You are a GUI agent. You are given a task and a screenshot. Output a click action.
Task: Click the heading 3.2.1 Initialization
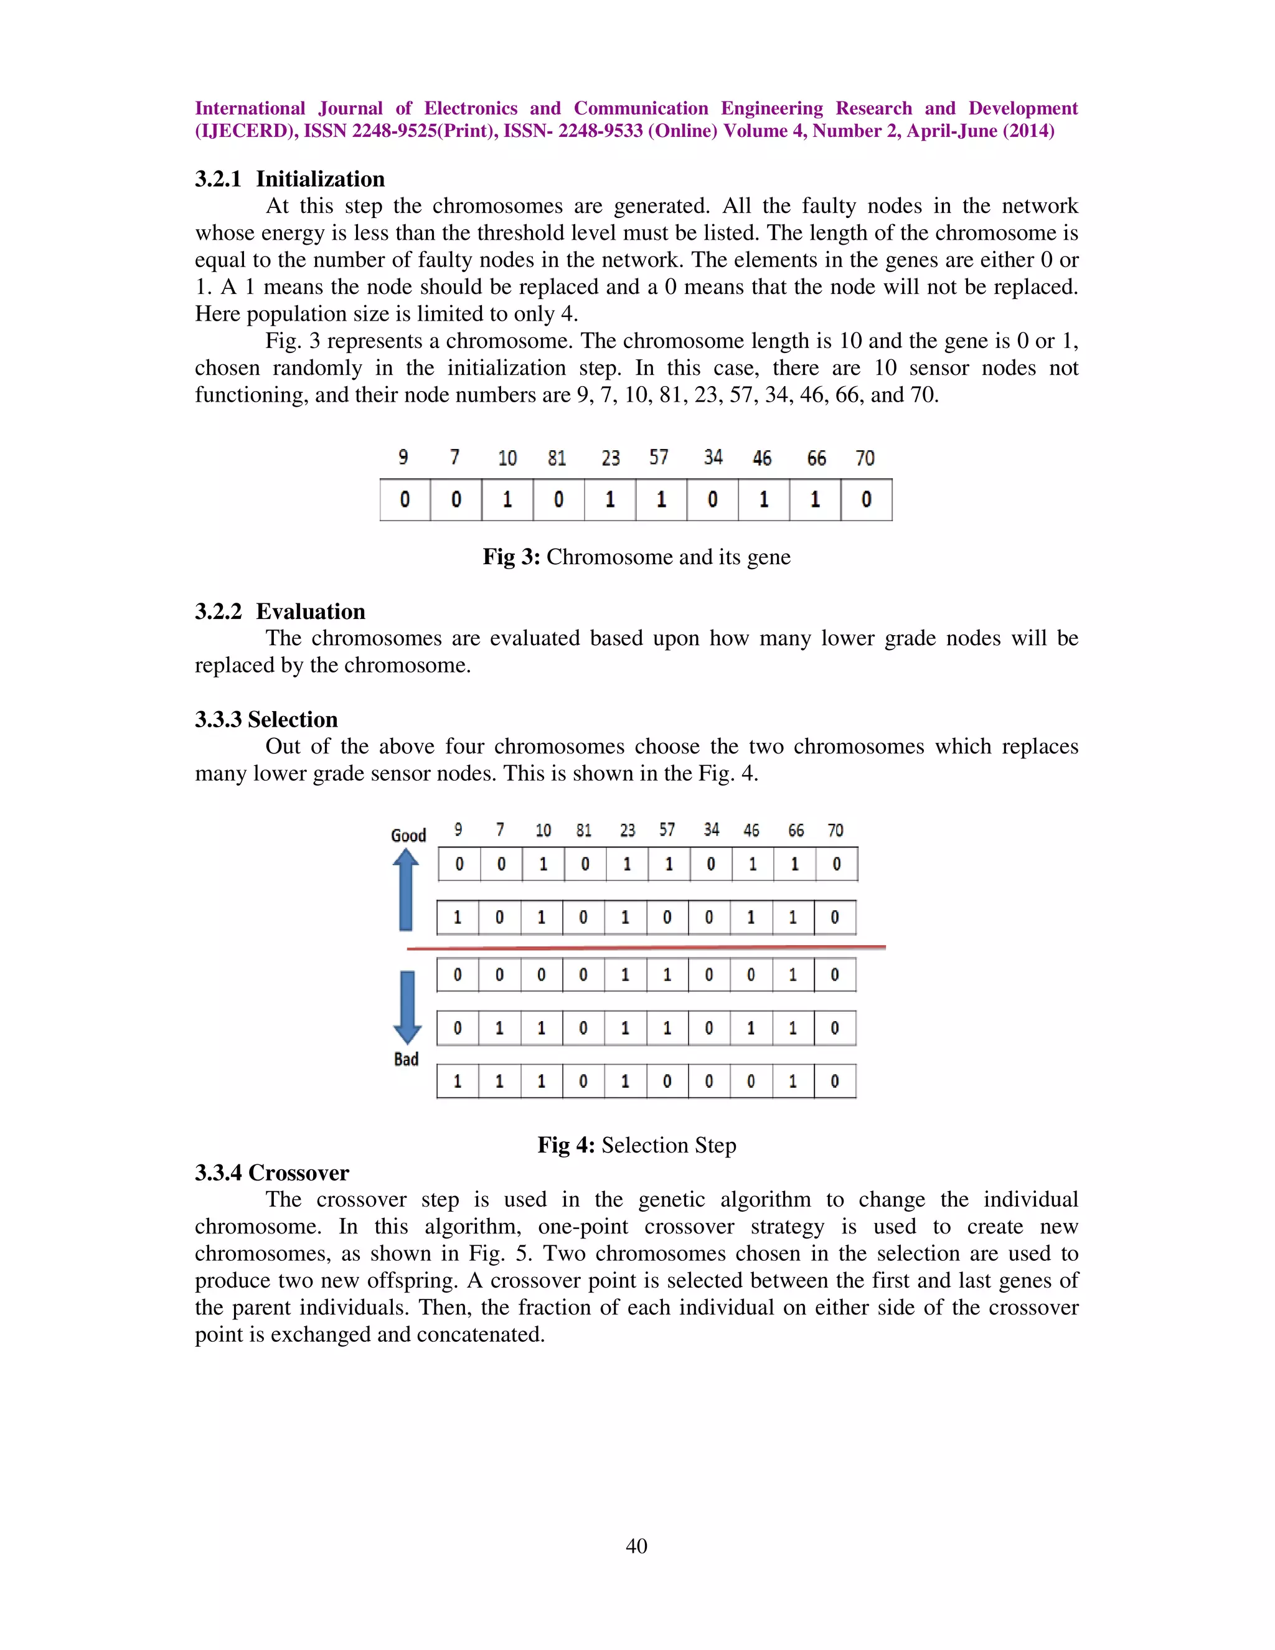pos(289,179)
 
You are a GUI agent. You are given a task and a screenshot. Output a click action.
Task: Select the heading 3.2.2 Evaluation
pos(280,611)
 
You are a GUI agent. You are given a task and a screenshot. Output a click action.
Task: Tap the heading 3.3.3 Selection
pos(266,719)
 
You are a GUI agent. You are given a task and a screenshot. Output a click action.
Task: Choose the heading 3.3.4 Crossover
pos(271,1172)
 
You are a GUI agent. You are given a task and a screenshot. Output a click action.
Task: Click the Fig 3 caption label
pos(511,557)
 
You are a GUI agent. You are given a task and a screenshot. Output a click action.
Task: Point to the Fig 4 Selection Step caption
pos(637,1145)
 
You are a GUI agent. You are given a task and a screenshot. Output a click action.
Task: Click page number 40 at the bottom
pos(636,1547)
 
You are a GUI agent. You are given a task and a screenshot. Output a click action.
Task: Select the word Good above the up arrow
pos(408,836)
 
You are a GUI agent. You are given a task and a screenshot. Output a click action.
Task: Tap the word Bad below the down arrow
pos(406,1059)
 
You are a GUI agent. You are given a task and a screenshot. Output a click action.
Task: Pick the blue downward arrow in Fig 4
pos(407,1006)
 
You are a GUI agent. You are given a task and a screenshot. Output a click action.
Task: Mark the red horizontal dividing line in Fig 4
pos(646,948)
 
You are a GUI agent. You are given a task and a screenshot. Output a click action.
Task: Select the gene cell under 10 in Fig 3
pos(507,500)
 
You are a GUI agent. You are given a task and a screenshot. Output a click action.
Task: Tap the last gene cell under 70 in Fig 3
pos(867,500)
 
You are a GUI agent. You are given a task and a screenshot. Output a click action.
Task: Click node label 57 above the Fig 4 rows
pos(666,830)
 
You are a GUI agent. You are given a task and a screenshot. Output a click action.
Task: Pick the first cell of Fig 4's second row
pos(457,918)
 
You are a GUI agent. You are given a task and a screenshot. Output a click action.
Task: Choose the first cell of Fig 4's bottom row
pos(457,1081)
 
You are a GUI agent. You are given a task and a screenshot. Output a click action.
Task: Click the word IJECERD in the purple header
pos(244,131)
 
